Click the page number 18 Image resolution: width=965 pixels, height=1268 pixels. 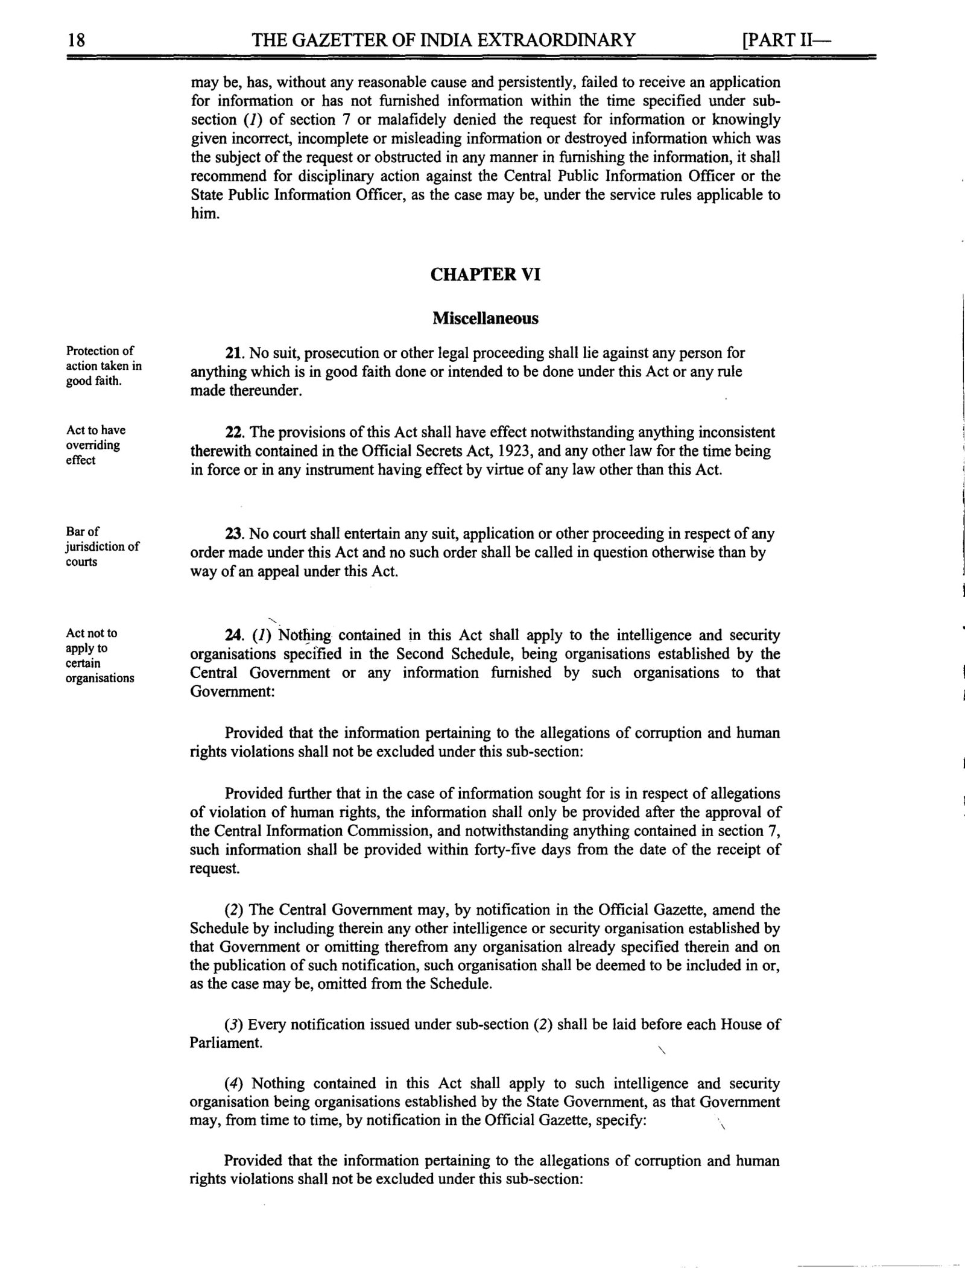77,41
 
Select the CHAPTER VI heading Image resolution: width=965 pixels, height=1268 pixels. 485,274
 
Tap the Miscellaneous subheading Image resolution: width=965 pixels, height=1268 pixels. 485,318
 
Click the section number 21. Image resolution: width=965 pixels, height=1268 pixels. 234,353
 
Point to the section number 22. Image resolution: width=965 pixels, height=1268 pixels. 234,433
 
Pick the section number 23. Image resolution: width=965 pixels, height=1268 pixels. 234,534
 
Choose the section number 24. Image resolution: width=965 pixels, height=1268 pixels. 234,635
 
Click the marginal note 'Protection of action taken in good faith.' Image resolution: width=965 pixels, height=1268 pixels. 103,366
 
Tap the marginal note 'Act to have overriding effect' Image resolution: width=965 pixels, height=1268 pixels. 96,445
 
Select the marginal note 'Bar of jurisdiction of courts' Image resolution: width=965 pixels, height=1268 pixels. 103,547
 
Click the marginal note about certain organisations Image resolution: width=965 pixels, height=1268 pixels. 100,655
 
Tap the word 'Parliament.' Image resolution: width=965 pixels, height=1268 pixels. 226,1043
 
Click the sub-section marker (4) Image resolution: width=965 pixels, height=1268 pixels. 233,1083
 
